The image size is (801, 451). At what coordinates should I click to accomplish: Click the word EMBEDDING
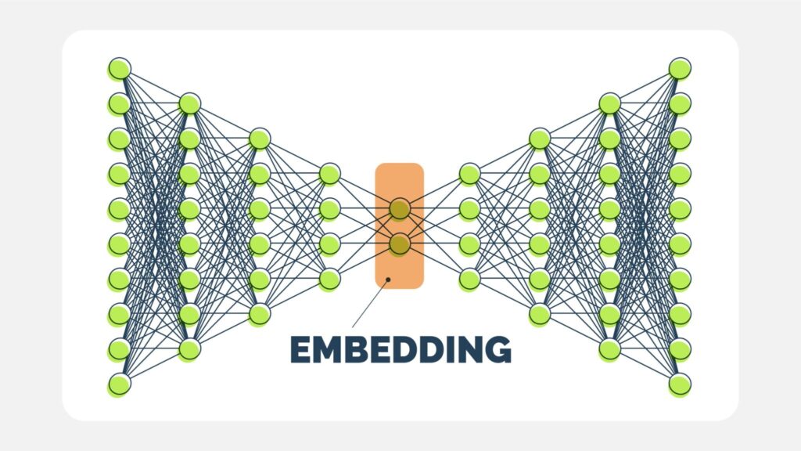tap(400, 349)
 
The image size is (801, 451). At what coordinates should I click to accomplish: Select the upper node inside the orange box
tap(400, 208)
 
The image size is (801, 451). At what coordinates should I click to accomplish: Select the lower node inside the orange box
tap(400, 244)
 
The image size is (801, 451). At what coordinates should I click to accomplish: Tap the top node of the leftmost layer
tap(119, 68)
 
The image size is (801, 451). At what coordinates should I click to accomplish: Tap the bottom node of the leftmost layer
tap(119, 384)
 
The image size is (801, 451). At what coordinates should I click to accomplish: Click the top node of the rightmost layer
tap(680, 68)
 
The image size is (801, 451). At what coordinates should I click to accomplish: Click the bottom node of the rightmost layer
tap(680, 384)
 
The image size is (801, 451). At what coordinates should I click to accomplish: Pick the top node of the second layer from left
tap(189, 103)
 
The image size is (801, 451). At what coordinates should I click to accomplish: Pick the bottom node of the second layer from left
tap(189, 349)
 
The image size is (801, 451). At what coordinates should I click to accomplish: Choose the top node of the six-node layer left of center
tap(260, 139)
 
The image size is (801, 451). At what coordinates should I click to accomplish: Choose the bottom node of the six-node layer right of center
tap(539, 314)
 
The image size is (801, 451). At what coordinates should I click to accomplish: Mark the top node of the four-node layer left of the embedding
tap(329, 173)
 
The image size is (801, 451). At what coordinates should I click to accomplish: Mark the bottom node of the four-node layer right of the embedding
tap(469, 279)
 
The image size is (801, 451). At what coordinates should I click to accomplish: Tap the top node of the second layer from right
tap(609, 103)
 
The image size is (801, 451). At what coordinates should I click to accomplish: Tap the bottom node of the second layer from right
tap(609, 349)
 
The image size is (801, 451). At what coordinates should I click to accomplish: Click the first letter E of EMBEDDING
tap(300, 349)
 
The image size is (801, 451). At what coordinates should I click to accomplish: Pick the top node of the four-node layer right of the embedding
tap(469, 173)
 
